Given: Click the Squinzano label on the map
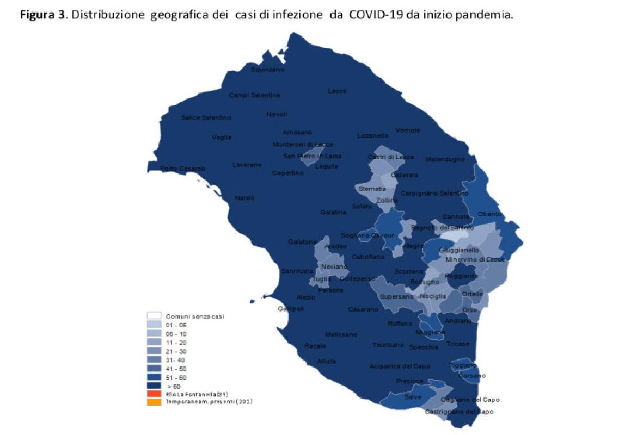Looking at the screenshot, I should [267, 70].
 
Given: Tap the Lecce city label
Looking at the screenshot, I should [337, 91].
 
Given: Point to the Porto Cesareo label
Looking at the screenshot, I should [183, 169].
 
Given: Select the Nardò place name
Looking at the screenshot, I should [244, 198].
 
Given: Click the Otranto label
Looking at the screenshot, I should [489, 214].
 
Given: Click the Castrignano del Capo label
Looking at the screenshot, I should [459, 412].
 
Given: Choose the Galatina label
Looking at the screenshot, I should [333, 212].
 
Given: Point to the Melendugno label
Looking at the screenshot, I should [445, 159].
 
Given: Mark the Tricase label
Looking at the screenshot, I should [457, 344].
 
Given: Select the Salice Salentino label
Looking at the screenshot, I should [206, 117].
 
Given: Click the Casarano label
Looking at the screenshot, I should [363, 309].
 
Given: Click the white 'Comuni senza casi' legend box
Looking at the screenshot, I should [154, 315].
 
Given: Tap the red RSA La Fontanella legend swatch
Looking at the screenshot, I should [154, 393].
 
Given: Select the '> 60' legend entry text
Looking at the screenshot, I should [174, 386].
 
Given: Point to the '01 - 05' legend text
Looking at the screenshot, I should [176, 324].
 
